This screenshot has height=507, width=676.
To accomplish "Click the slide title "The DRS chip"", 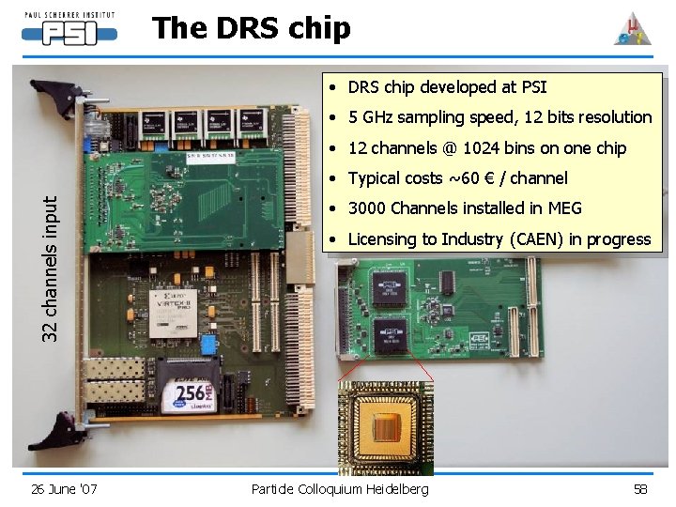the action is pos(251,28).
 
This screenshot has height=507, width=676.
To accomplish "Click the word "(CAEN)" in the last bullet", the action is pos(540,239).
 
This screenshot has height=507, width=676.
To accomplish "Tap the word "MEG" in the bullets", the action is pos(563,208).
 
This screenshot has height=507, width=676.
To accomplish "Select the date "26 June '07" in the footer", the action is pos(64,488).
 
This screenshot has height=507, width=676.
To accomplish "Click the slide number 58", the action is pos(640,488).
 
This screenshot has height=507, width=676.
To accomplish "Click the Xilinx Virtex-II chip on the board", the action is pos(176,314).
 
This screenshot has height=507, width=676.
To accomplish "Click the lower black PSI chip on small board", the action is pos(390,334).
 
